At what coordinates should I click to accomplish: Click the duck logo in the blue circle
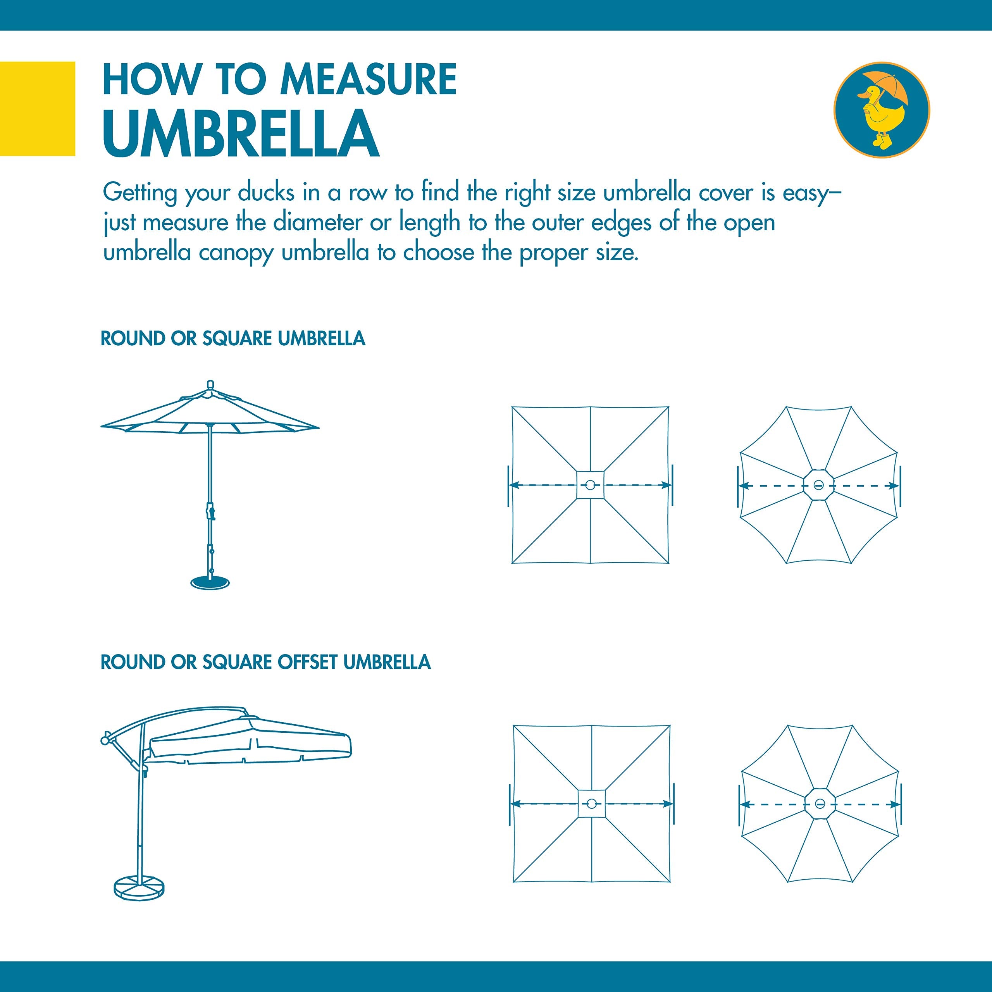(x=881, y=110)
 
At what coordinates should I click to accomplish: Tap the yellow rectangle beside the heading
(x=38, y=108)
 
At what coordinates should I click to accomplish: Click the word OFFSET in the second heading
(x=307, y=662)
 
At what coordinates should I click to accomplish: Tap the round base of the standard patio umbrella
(x=210, y=582)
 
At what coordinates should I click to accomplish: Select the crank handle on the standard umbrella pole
(x=210, y=512)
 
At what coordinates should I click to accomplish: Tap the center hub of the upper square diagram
(x=590, y=485)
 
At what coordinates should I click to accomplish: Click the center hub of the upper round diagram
(x=819, y=485)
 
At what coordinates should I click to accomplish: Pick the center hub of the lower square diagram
(x=591, y=804)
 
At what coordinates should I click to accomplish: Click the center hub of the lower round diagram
(x=820, y=804)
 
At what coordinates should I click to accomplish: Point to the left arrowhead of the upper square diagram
(x=513, y=485)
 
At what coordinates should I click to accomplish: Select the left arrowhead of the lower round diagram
(x=744, y=804)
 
